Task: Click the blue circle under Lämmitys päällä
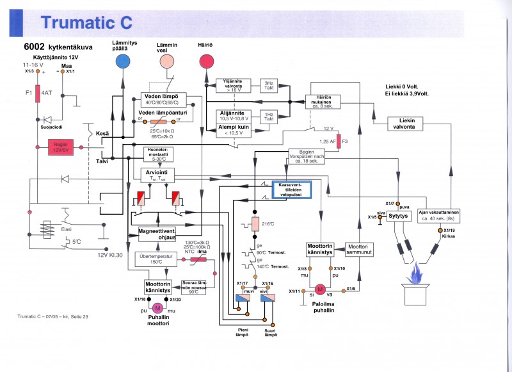click(x=122, y=61)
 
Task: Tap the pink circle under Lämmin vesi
click(x=166, y=61)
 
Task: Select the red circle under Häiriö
click(x=206, y=61)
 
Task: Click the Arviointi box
click(x=157, y=175)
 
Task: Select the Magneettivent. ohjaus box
click(x=157, y=234)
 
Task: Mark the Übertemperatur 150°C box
click(x=157, y=258)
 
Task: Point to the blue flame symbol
click(x=420, y=277)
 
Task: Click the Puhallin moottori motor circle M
click(x=157, y=307)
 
